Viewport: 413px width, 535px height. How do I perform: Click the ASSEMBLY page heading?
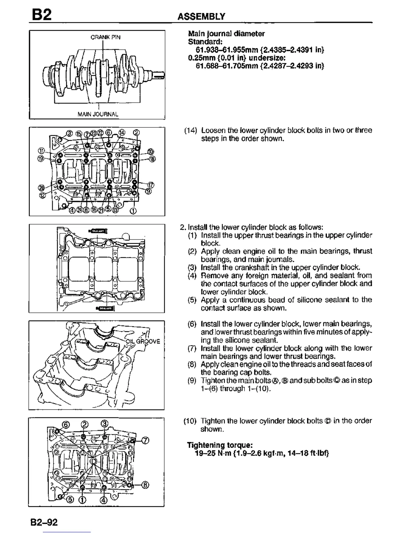[x=201, y=16]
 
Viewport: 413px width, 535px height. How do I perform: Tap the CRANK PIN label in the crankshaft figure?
[x=105, y=37]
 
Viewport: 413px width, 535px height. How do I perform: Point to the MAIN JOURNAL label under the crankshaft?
[x=98, y=114]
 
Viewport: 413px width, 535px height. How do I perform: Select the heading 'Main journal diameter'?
[x=226, y=33]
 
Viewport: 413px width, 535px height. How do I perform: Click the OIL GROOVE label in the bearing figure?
[x=143, y=341]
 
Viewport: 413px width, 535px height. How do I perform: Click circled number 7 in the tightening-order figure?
[x=145, y=440]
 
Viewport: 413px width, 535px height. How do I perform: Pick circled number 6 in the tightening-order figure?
[x=66, y=424]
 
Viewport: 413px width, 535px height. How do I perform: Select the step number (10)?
[x=190, y=421]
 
